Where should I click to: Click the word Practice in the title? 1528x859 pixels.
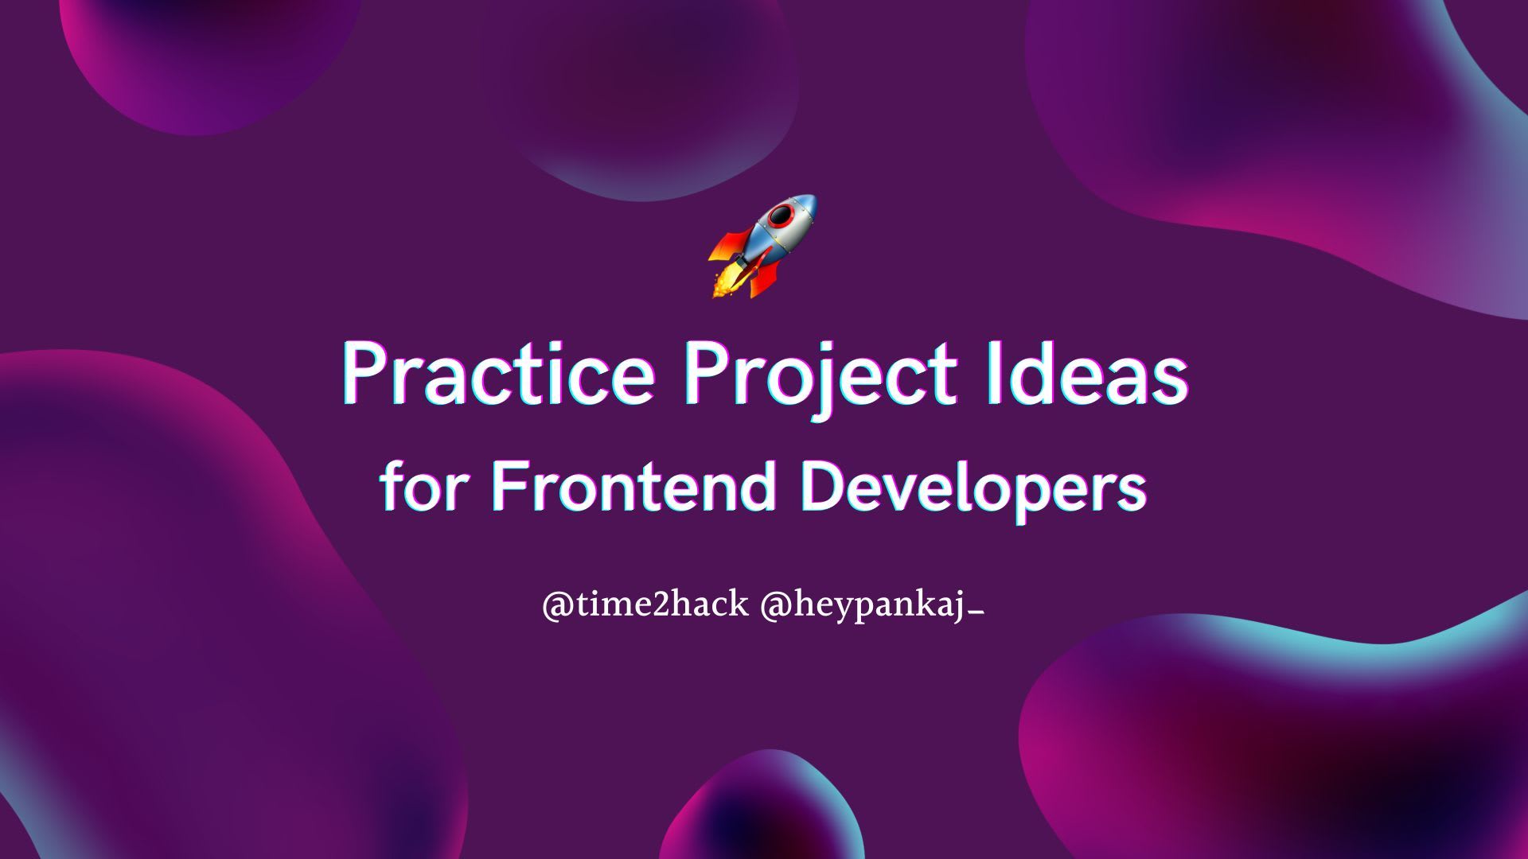tap(498, 375)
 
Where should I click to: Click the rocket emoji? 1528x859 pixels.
tap(763, 247)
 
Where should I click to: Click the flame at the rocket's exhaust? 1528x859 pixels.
tap(725, 283)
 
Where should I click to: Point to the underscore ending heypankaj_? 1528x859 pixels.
tap(978, 613)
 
